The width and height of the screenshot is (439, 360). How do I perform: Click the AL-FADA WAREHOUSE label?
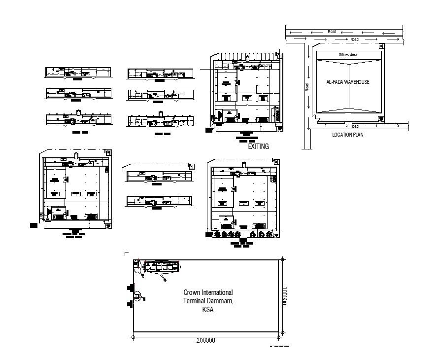pyautogui.click(x=348, y=82)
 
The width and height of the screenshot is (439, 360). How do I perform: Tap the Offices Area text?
pyautogui.click(x=347, y=55)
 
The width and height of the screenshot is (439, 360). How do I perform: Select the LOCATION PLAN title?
pyautogui.click(x=348, y=135)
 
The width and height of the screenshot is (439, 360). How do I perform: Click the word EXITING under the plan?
pyautogui.click(x=258, y=146)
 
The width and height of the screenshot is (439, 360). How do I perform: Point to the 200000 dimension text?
pyautogui.click(x=205, y=340)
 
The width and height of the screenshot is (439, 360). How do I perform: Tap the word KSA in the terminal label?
pyautogui.click(x=207, y=310)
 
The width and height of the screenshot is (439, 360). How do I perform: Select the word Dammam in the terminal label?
pyautogui.click(x=218, y=301)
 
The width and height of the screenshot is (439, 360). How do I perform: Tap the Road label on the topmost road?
pyautogui.click(x=332, y=32)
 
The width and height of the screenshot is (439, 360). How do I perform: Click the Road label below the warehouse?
pyautogui.click(x=354, y=126)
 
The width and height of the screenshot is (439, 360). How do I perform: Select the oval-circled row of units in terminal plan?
pyautogui.click(x=162, y=266)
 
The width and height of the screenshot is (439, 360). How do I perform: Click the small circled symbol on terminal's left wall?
pyautogui.click(x=138, y=295)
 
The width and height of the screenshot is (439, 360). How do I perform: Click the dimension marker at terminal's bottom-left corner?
pyautogui.click(x=133, y=337)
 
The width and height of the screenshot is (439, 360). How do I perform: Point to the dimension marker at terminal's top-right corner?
pyautogui.click(x=282, y=259)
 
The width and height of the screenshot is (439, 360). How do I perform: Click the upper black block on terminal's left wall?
pyautogui.click(x=131, y=287)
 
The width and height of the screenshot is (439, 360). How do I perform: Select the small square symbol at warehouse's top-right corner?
pyautogui.click(x=380, y=46)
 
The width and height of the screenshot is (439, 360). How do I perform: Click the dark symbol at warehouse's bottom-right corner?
pyautogui.click(x=380, y=120)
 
